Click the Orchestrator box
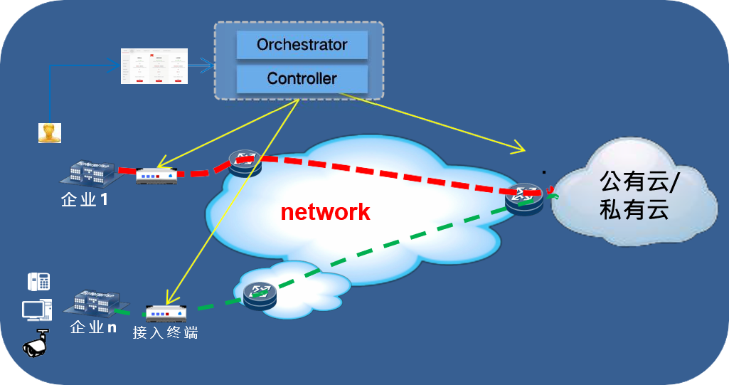(x=302, y=46)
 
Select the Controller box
(x=302, y=79)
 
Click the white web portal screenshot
(x=154, y=66)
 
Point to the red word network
(x=325, y=211)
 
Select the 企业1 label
(x=85, y=200)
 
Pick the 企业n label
(x=93, y=327)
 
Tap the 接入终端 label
(x=164, y=332)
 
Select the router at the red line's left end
(x=245, y=163)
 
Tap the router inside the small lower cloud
(x=258, y=293)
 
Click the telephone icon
(x=38, y=282)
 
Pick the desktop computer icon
(x=36, y=311)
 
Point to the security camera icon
(x=36, y=344)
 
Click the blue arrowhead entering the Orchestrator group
(x=211, y=67)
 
